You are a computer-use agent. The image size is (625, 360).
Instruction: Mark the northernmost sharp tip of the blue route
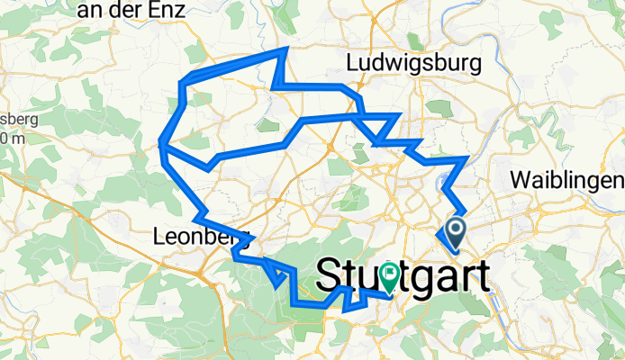(x=286, y=50)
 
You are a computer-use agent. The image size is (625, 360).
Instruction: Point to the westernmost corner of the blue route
(x=161, y=141)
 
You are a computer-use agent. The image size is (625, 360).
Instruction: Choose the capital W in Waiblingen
(x=519, y=178)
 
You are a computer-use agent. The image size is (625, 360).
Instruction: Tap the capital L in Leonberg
(x=159, y=238)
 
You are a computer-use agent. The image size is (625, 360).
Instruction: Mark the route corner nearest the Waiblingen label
(x=466, y=159)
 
